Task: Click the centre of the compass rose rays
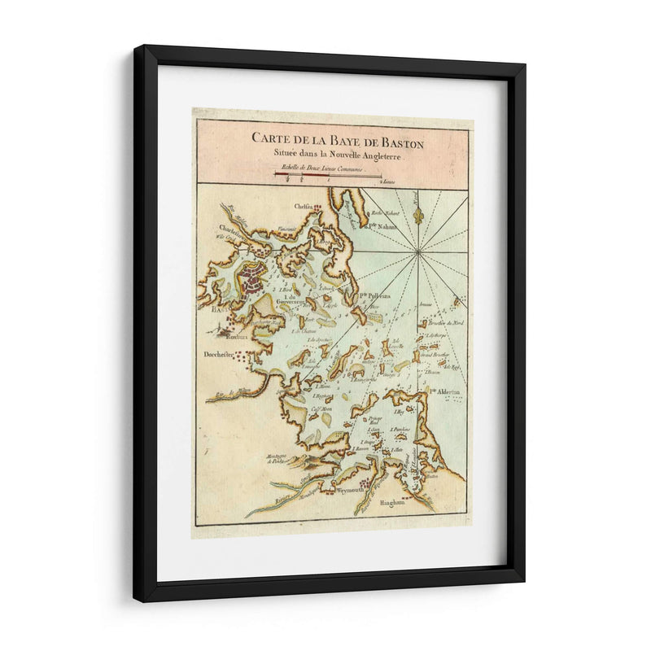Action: [x=419, y=251]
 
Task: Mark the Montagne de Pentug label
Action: [x=281, y=458]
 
